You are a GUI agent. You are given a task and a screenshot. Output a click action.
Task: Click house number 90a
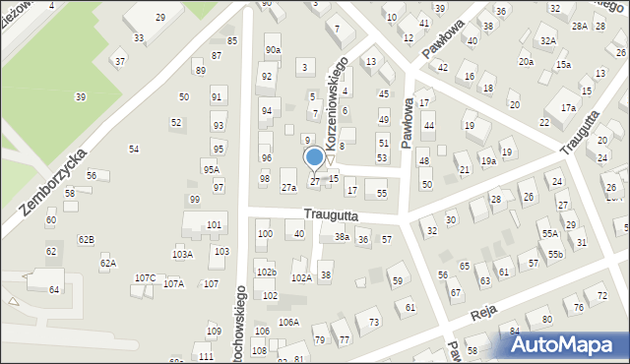click(x=273, y=49)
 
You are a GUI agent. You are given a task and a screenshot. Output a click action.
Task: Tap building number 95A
click(x=211, y=168)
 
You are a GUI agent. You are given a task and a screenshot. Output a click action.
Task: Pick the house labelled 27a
click(x=288, y=187)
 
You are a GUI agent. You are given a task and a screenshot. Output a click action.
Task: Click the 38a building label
click(x=342, y=237)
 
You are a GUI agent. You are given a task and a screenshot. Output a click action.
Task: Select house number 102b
click(x=267, y=272)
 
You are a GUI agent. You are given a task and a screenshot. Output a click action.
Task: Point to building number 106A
click(x=288, y=322)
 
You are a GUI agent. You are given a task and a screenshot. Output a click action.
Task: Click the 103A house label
click(x=182, y=254)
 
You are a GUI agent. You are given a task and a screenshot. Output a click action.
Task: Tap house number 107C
click(x=146, y=278)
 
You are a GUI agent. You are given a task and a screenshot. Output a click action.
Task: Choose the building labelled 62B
click(x=87, y=240)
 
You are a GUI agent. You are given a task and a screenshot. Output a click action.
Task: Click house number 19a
click(x=488, y=160)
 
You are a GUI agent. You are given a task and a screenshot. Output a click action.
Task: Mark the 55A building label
click(x=549, y=233)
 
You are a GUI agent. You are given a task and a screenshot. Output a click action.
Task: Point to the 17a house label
click(x=568, y=107)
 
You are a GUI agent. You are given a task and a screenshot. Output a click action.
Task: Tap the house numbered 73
click(x=374, y=322)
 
